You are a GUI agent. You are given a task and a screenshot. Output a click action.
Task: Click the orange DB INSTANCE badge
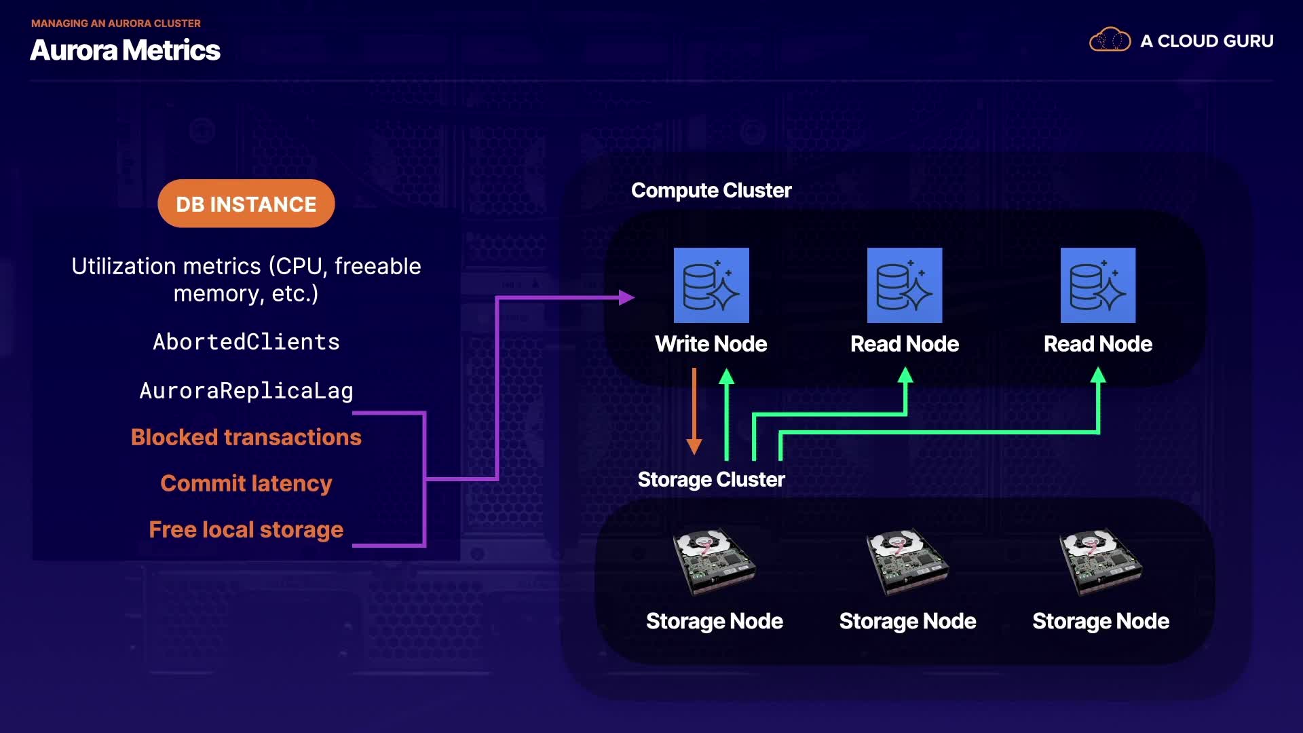click(246, 204)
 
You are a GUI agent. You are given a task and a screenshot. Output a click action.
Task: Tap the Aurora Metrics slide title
click(125, 50)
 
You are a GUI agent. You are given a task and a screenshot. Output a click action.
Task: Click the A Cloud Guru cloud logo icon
click(1110, 40)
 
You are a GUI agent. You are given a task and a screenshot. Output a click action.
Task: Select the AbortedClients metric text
click(246, 341)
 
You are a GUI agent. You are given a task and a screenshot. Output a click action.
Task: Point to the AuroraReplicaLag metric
click(246, 390)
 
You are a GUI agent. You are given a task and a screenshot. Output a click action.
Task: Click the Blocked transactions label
click(246, 437)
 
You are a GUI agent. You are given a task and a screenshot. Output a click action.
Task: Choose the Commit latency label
click(246, 483)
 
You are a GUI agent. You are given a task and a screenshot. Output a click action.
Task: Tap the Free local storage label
click(246, 529)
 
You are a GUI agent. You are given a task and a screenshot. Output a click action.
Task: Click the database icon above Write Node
click(711, 285)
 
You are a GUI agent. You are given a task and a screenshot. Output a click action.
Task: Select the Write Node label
click(711, 344)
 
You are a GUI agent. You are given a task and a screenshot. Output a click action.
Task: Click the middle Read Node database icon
click(905, 285)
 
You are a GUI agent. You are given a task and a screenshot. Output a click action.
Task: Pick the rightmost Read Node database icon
click(1098, 285)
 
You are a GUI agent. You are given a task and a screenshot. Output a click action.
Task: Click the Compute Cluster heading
click(711, 191)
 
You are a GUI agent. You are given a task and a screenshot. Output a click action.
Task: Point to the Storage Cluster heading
click(711, 480)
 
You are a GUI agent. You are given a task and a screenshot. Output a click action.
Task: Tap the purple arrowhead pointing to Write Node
click(626, 297)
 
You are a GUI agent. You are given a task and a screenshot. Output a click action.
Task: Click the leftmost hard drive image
click(714, 561)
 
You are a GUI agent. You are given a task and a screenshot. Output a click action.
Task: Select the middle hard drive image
click(907, 561)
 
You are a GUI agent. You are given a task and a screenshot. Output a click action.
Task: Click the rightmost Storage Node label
click(1100, 621)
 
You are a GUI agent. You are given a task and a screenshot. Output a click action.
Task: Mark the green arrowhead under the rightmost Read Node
click(1098, 375)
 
